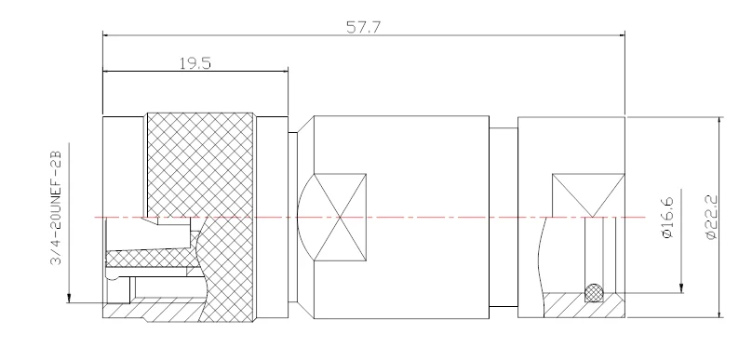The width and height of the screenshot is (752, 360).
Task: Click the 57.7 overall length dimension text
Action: click(x=364, y=27)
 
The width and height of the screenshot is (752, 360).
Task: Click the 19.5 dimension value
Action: click(x=195, y=63)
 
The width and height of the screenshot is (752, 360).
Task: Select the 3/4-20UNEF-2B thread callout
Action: click(x=56, y=208)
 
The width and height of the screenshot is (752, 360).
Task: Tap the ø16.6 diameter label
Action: click(x=667, y=217)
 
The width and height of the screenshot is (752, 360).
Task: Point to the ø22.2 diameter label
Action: click(x=711, y=217)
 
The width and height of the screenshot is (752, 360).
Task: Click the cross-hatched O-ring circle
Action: click(x=594, y=292)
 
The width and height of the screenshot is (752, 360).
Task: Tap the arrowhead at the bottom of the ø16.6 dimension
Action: click(x=681, y=288)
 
